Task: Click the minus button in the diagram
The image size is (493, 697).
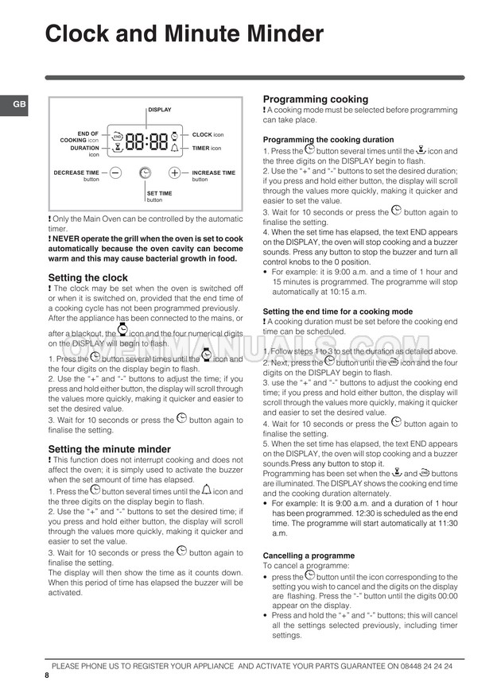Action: pos(115,172)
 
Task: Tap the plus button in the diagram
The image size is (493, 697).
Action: pos(174,172)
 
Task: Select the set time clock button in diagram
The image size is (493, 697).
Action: pos(145,172)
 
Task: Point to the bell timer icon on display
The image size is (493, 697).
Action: pos(175,148)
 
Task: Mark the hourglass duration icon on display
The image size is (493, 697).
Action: pos(116,147)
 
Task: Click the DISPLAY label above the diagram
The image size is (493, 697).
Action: pos(159,110)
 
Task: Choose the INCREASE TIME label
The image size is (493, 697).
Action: pos(213,172)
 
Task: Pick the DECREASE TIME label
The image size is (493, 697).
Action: pos(76,172)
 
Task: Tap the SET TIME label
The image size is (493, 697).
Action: pos(159,193)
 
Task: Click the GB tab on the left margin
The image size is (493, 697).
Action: pos(14,105)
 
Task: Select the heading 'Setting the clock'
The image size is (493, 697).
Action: pos(87,277)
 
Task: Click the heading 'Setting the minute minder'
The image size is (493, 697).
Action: pos(109,449)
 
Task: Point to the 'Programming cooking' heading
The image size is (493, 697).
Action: pos(316,99)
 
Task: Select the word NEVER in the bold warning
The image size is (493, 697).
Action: pos(68,238)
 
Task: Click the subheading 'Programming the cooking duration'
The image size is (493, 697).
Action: pos(328,139)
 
